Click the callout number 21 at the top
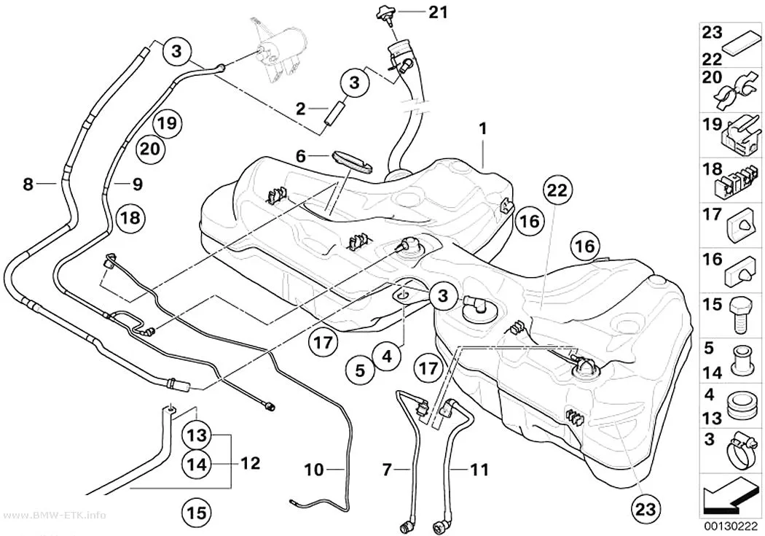point(438,12)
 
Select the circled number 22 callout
point(557,190)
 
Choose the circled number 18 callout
point(130,218)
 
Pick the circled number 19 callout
point(167,123)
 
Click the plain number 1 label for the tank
point(482,129)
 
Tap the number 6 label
point(300,156)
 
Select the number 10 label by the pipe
point(314,470)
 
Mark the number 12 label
point(251,463)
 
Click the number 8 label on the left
point(28,184)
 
